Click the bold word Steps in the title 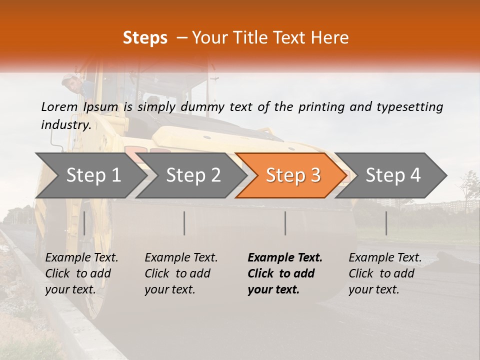(145, 38)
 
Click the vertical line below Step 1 (84, 223)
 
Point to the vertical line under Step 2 (184, 223)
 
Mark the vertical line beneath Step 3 (285, 223)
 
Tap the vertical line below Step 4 (386, 223)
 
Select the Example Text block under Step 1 (81, 273)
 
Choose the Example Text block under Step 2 (181, 273)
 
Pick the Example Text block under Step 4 (385, 273)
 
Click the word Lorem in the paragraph (59, 106)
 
